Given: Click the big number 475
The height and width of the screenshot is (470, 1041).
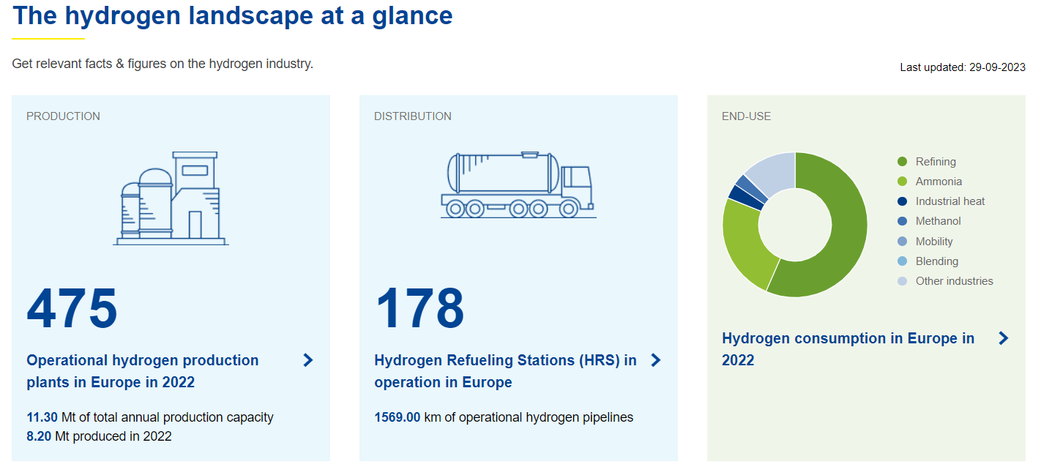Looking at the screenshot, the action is click(72, 308).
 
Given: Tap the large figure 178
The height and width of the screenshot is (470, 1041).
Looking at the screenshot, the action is click(419, 308).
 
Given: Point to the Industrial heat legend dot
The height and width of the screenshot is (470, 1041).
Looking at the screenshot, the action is click(902, 201).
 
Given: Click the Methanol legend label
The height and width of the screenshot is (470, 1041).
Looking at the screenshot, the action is click(938, 221).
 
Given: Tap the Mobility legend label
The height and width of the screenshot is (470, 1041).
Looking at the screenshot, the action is click(934, 242).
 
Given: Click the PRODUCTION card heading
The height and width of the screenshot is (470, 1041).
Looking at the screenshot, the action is click(63, 116).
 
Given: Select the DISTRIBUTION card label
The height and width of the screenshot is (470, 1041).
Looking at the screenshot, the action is click(413, 116).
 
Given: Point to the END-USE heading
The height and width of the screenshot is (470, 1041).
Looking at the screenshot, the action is click(747, 116).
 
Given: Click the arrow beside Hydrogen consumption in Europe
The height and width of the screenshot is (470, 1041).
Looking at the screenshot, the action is click(1004, 338).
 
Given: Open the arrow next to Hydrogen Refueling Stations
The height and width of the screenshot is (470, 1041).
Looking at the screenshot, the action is click(656, 360).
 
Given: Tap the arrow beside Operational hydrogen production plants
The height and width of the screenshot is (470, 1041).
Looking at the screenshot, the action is click(308, 360).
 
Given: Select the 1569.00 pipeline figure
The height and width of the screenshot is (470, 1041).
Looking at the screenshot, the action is click(398, 417).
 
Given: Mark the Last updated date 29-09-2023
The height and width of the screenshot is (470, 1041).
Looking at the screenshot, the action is click(997, 67).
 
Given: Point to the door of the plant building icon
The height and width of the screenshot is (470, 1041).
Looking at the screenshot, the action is click(195, 225).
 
